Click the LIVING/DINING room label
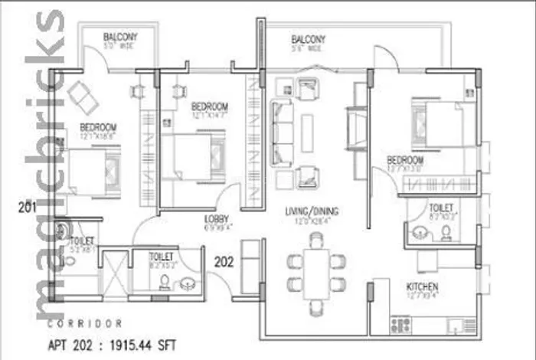click(x=312, y=211)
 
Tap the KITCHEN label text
click(x=421, y=287)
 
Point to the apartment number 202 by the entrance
click(x=224, y=261)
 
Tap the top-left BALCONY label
click(x=120, y=37)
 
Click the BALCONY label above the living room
click(x=309, y=39)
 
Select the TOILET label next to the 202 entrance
click(x=161, y=257)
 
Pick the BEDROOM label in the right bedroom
click(x=405, y=159)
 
